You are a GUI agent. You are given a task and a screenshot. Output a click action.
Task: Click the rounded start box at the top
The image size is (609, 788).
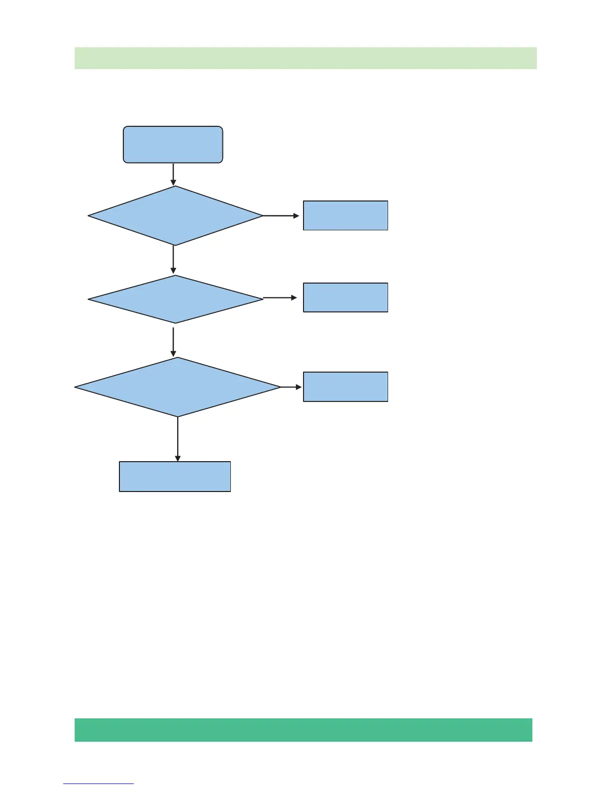coord(173,144)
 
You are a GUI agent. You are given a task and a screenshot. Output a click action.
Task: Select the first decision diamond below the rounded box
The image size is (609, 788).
coord(175,216)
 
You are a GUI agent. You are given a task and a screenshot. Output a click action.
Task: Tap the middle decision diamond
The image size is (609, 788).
coord(175,299)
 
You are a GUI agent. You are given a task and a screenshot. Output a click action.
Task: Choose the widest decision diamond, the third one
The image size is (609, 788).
coord(178,387)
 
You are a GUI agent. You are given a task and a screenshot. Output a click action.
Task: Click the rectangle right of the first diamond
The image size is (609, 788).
coord(345,215)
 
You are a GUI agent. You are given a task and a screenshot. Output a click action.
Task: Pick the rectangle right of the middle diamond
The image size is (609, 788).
coord(345,297)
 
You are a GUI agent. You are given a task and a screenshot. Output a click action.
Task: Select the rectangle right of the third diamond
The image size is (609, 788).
coord(345,387)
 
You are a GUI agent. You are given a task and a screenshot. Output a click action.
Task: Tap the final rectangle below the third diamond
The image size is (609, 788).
coord(175,477)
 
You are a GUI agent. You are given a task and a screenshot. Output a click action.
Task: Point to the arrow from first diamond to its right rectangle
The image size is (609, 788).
coord(281,216)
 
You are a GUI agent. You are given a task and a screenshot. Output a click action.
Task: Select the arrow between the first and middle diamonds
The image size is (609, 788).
coord(173,260)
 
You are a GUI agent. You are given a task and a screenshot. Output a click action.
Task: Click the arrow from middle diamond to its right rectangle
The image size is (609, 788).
coord(280,297)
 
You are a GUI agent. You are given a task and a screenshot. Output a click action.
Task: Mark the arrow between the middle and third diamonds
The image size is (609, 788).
coord(173,341)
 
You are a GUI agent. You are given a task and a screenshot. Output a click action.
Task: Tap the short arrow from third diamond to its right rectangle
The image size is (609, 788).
coord(292,387)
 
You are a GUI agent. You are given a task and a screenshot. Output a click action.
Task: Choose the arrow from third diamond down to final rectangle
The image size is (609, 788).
coord(178,439)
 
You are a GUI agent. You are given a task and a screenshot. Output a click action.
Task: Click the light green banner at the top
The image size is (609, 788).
coord(305,58)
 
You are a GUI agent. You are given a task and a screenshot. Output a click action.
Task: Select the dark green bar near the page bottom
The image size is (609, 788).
coord(304,730)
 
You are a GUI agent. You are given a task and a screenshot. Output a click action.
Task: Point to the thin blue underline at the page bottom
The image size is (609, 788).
coord(99,784)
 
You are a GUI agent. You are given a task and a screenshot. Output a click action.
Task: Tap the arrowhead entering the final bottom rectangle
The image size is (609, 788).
coord(178,458)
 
